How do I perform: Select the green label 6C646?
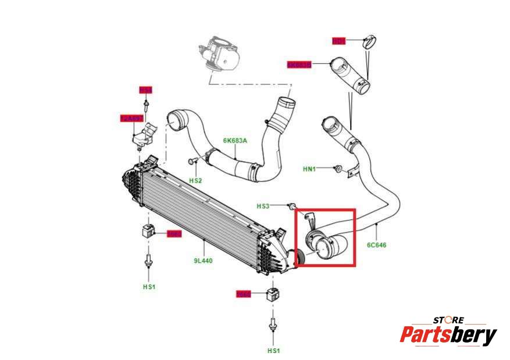(376, 245)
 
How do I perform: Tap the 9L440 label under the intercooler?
(203, 261)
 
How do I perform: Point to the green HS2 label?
(196, 181)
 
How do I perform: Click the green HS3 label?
(263, 206)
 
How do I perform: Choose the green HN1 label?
(309, 169)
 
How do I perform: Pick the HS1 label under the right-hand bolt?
(273, 351)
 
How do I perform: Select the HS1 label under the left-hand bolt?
(149, 287)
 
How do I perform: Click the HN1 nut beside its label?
(337, 169)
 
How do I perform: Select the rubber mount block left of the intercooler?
(146, 231)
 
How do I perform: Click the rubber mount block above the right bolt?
(272, 295)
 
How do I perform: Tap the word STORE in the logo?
(448, 319)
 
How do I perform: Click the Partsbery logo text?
(448, 335)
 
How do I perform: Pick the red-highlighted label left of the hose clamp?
(338, 41)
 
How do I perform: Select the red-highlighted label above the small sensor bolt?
(145, 90)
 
